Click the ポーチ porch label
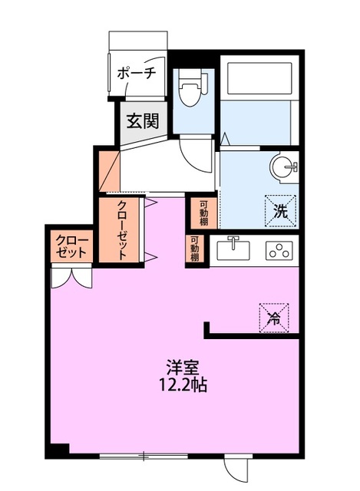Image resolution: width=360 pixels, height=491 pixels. (137, 74)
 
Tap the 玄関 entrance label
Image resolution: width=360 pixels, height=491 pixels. (143, 120)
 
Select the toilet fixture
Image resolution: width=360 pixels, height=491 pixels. (190, 91)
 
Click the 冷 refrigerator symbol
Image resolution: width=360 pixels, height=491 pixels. (273, 316)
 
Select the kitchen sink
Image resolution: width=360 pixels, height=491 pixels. (233, 250)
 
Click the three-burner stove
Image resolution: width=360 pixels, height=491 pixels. (278, 250)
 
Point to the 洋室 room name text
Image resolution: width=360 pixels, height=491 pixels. (182, 367)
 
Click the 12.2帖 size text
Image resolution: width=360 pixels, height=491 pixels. (182, 384)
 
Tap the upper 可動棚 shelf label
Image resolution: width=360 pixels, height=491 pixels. (203, 213)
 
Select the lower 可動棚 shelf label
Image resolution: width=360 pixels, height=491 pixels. (195, 249)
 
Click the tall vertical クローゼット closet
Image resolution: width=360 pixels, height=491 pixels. (122, 229)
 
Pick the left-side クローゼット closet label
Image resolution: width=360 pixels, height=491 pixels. (71, 246)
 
